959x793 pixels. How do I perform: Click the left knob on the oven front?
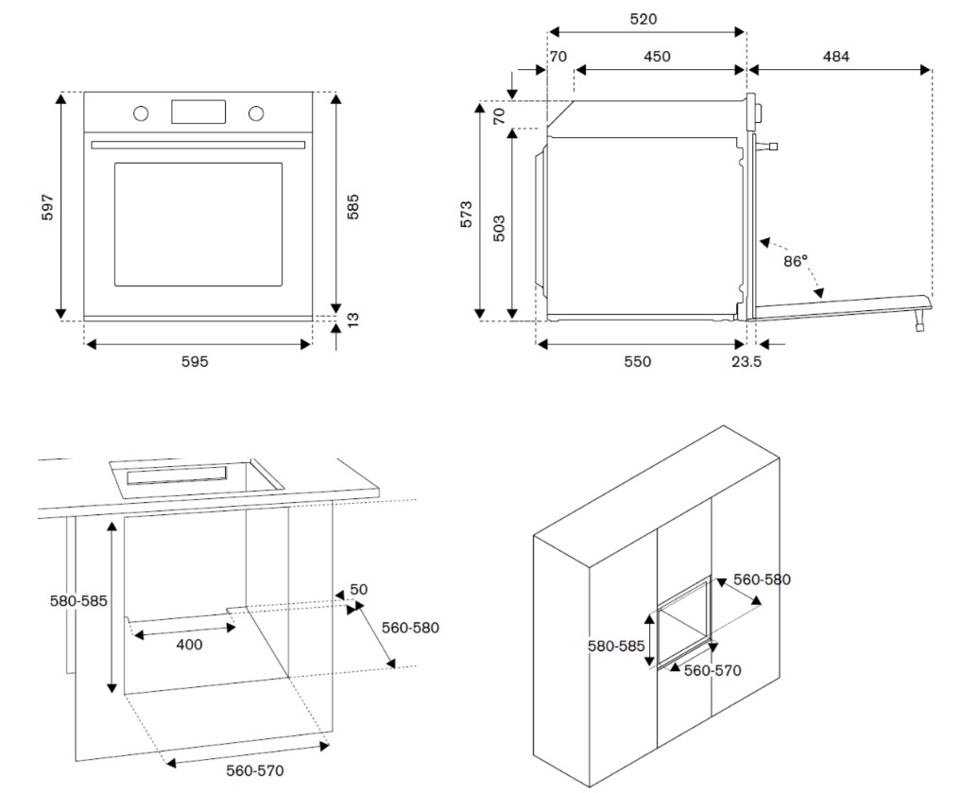coord(141,113)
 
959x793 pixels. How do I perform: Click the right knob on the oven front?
coord(256,113)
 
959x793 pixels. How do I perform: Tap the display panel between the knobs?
coord(198,112)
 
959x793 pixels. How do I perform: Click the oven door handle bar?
coord(198,145)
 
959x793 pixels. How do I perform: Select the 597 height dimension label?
coord(48,207)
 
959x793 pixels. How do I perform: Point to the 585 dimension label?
coord(353,206)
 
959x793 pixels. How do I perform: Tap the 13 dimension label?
coord(353,319)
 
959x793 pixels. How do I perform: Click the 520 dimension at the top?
coord(643,18)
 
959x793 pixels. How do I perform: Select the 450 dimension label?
coord(658,57)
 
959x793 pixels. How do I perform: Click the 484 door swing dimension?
coord(835,57)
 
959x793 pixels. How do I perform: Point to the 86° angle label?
coord(796,261)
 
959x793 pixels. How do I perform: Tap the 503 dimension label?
coord(500,228)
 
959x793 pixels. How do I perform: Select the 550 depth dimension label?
coord(637,361)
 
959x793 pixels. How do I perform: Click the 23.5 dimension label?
coord(745,361)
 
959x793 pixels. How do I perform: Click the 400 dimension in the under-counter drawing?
coord(189,645)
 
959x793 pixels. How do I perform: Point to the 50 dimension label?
coord(359,590)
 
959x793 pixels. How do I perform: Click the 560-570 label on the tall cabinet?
coord(712,670)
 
